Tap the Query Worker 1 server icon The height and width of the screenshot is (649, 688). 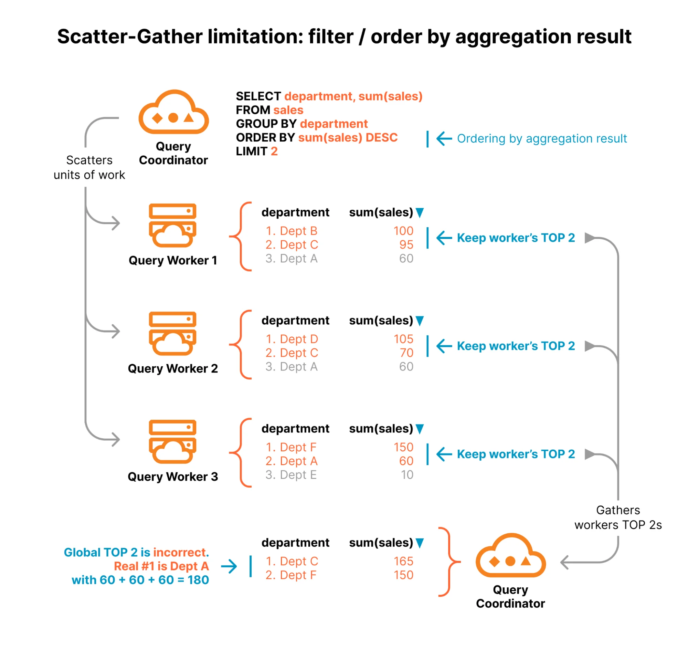(172, 225)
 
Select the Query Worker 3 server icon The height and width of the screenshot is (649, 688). (172, 442)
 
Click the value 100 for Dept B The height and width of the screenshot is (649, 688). (403, 231)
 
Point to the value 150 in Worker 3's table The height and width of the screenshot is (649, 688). (403, 447)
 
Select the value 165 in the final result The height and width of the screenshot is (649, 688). (403, 561)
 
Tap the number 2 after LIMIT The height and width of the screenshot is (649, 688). (274, 151)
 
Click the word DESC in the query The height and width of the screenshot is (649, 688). (381, 137)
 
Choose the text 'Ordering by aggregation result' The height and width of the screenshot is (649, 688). (542, 138)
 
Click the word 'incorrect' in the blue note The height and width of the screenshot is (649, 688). (179, 553)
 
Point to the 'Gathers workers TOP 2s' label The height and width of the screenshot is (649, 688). (618, 517)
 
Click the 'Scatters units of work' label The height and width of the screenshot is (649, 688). (89, 168)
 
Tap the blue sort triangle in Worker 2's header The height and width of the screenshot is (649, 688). (420, 321)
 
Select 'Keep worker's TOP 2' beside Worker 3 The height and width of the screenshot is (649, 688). (516, 454)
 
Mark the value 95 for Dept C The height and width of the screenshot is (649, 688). (406, 245)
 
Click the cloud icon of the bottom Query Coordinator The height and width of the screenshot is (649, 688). (510, 556)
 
